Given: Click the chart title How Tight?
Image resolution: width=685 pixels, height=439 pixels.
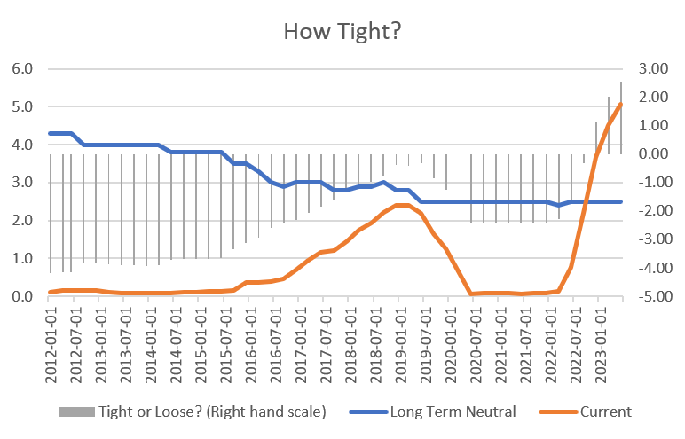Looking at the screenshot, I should [342, 31].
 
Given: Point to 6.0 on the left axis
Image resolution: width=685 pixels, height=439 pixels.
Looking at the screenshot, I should [22, 68].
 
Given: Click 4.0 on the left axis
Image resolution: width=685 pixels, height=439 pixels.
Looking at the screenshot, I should [22, 145].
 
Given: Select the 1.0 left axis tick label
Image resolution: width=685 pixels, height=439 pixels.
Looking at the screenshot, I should [22, 258].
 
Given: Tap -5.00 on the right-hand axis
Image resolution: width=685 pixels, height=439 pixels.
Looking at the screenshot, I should [651, 296].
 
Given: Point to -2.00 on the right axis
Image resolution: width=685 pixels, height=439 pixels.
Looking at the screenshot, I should [651, 211].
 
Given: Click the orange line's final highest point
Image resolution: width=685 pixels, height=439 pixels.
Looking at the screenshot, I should [621, 104].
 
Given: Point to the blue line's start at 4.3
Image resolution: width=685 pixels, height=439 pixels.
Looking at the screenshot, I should [50, 133].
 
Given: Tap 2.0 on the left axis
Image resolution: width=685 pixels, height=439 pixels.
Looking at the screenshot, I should [22, 220].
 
